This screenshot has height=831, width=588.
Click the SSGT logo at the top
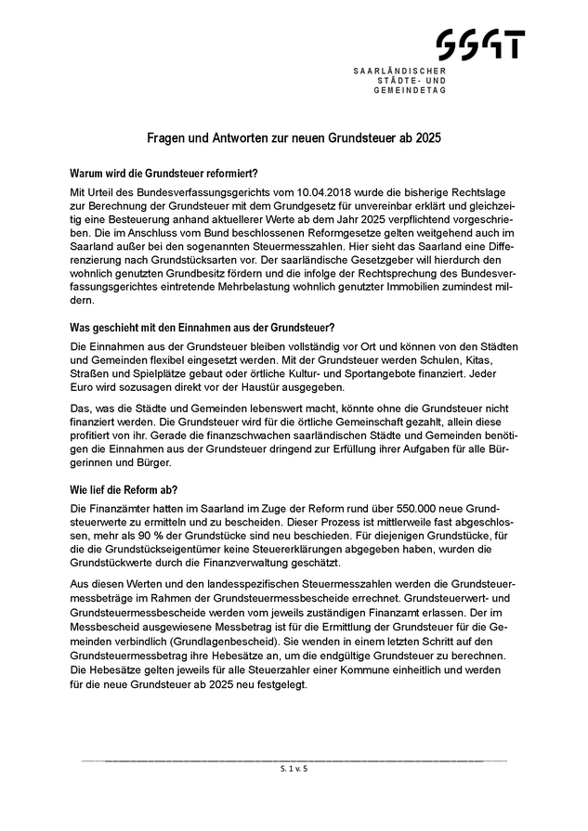(480, 45)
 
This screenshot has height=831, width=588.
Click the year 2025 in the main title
(428, 137)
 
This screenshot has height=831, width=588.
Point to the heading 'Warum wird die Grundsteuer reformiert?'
(163, 173)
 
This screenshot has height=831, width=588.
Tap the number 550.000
(400, 509)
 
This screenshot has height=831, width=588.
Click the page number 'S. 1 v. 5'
(294, 770)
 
